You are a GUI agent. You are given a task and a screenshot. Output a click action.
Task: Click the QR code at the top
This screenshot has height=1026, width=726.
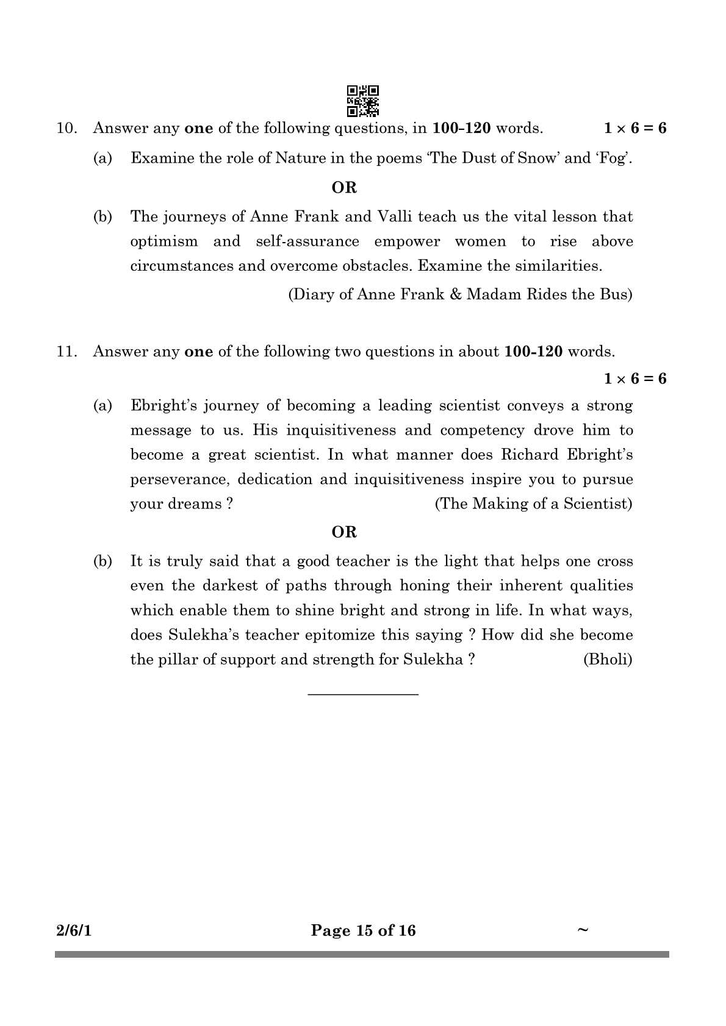[363, 100]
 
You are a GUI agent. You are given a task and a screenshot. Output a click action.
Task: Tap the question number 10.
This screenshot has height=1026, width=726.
[66, 129]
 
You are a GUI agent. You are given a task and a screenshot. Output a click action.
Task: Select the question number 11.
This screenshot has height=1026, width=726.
[66, 352]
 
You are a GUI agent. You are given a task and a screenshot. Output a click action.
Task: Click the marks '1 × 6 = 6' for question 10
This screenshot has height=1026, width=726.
[634, 129]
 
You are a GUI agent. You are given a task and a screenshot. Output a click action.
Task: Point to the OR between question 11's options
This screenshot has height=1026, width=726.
[344, 532]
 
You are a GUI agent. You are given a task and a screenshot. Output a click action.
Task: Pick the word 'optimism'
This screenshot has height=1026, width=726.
[164, 242]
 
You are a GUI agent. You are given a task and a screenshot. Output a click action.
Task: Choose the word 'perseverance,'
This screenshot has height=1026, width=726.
[179, 480]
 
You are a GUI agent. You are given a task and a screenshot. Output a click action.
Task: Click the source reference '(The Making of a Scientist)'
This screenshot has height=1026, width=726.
[533, 504]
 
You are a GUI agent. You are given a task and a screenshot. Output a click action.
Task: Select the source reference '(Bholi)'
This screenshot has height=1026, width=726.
[608, 660]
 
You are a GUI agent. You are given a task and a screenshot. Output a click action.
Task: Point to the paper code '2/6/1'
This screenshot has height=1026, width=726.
[73, 930]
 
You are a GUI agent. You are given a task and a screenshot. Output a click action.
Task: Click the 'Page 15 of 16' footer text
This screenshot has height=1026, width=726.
[363, 930]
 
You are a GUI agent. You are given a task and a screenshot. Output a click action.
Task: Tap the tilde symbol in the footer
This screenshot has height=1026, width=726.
[583, 929]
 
